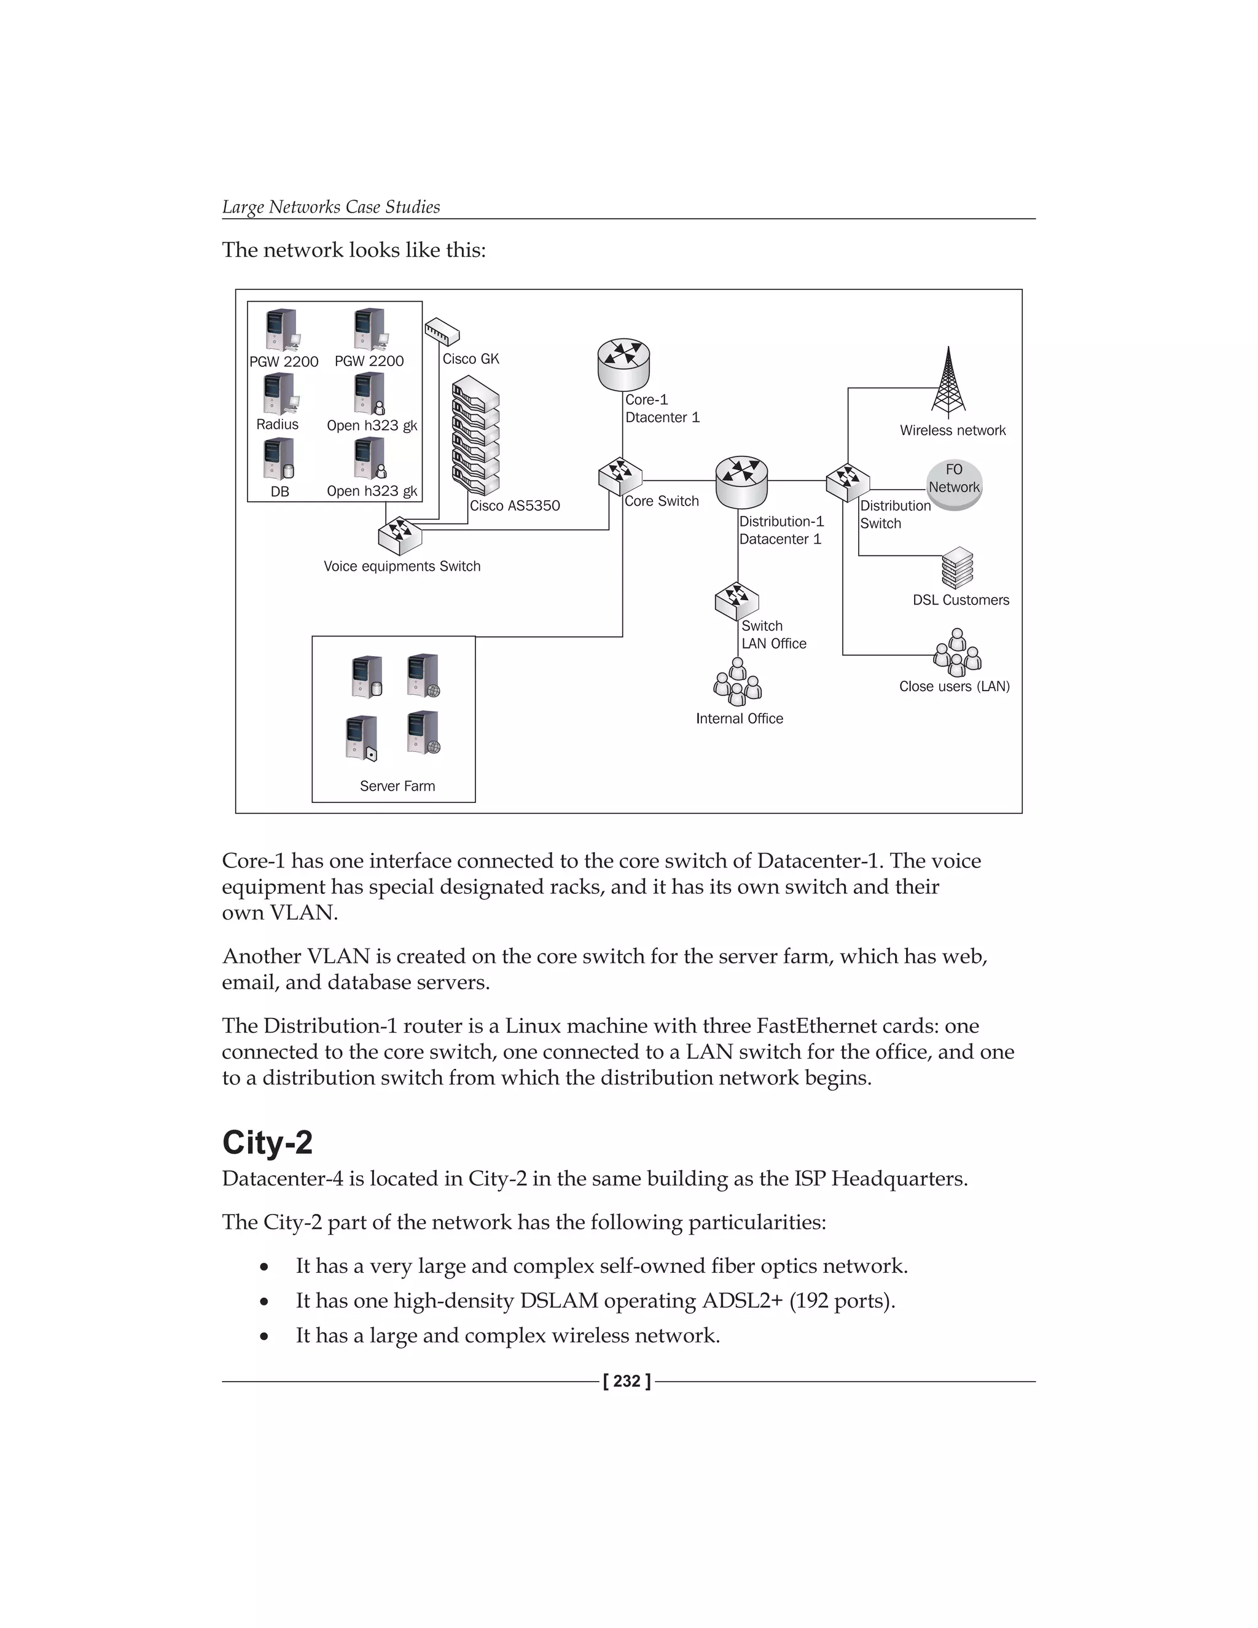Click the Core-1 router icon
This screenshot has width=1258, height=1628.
click(623, 364)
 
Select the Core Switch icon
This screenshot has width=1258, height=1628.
click(619, 476)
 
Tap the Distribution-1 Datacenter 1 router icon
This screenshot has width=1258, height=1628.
click(741, 482)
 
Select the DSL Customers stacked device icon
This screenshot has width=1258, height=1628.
click(958, 568)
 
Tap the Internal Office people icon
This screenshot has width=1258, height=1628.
click(737, 682)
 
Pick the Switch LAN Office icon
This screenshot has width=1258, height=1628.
click(736, 601)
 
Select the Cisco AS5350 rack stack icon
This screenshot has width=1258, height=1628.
click(475, 436)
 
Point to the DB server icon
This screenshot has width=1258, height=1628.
click(279, 458)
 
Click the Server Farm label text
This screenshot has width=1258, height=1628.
click(397, 786)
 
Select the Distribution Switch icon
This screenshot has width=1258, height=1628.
click(847, 482)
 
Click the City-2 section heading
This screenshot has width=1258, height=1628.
click(267, 1142)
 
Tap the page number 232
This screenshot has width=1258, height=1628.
click(627, 1381)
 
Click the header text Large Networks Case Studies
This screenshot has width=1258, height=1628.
click(331, 206)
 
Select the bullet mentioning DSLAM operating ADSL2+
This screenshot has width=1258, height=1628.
click(595, 1300)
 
